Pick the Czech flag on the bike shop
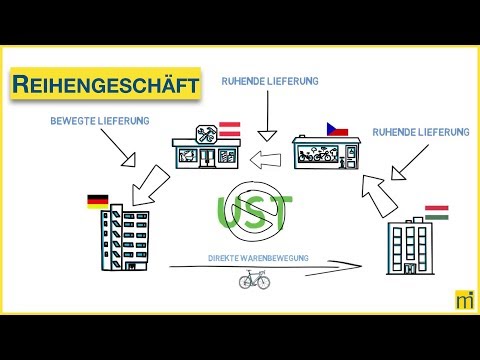tap(337, 130)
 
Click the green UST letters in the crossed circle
tap(254, 212)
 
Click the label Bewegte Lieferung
tap(99, 120)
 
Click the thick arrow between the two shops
tap(267, 156)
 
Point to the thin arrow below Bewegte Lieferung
tap(130, 151)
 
